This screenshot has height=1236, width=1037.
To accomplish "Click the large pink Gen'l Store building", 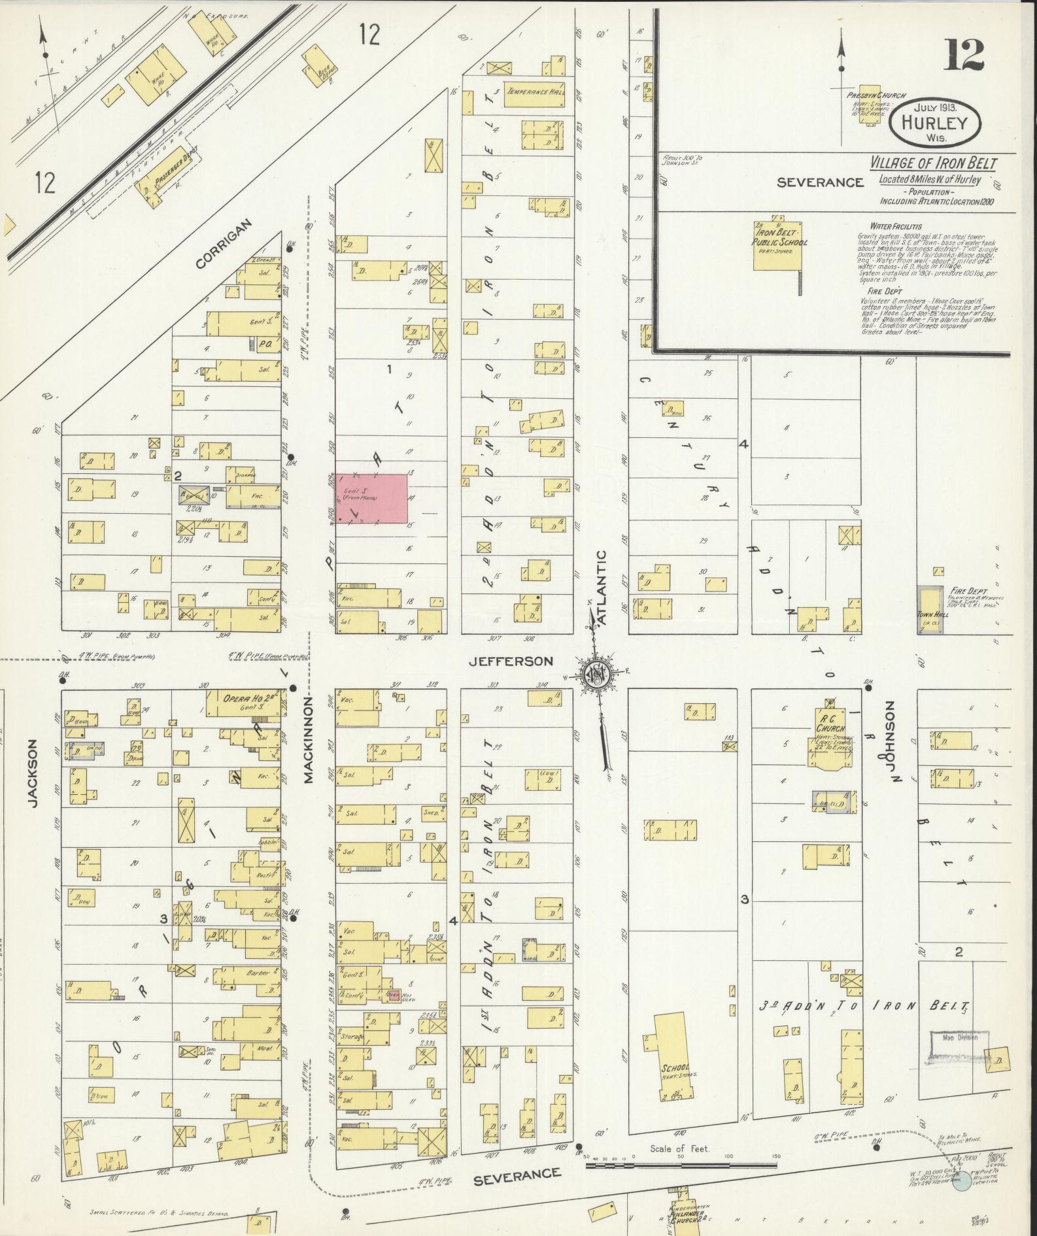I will point(371,499).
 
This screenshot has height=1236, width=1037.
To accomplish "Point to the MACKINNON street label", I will point(309,739).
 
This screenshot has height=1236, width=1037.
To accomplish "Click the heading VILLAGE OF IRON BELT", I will point(933,163).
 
